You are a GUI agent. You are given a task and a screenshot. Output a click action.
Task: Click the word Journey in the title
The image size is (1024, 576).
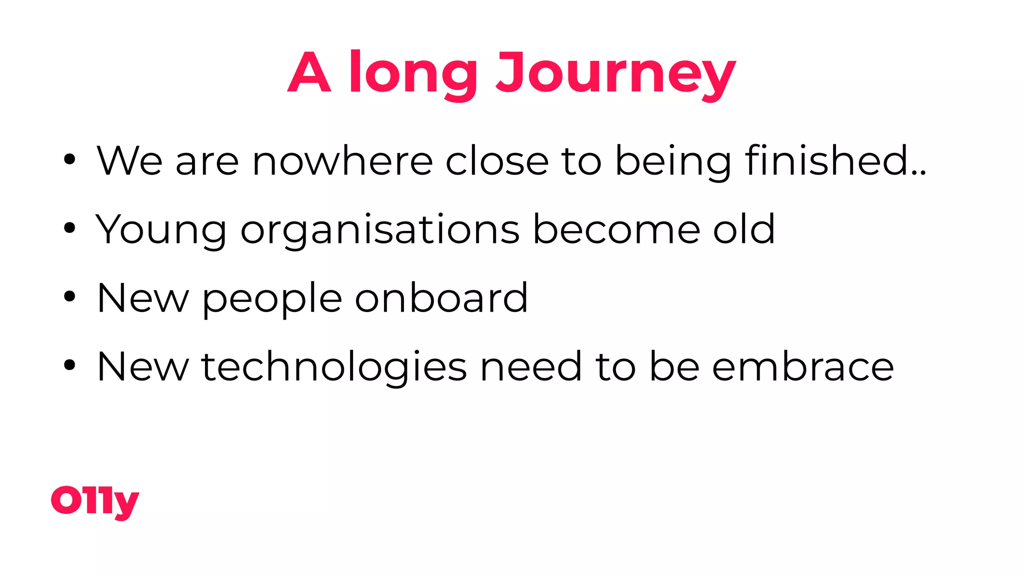[615, 73]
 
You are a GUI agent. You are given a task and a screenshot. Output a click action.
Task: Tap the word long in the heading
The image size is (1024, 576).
[413, 73]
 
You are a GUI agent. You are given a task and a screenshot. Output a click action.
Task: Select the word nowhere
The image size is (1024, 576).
[342, 161]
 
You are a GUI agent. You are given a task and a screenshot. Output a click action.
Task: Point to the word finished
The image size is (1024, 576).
[835, 161]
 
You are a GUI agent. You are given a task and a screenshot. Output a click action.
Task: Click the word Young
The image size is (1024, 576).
[161, 230]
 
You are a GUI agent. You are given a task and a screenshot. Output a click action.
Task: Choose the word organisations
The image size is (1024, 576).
[380, 230]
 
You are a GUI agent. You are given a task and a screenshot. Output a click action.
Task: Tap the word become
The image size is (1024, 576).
[616, 230]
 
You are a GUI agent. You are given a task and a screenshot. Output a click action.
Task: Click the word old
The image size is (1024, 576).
[744, 230]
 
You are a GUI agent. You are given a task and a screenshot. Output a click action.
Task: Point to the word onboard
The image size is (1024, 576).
[441, 298]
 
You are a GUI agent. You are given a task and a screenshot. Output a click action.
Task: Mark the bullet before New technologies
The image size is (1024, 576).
[69, 365]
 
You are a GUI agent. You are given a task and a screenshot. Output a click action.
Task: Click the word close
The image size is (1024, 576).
[497, 161]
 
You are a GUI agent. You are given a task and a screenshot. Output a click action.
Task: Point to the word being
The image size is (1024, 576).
[673, 161]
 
